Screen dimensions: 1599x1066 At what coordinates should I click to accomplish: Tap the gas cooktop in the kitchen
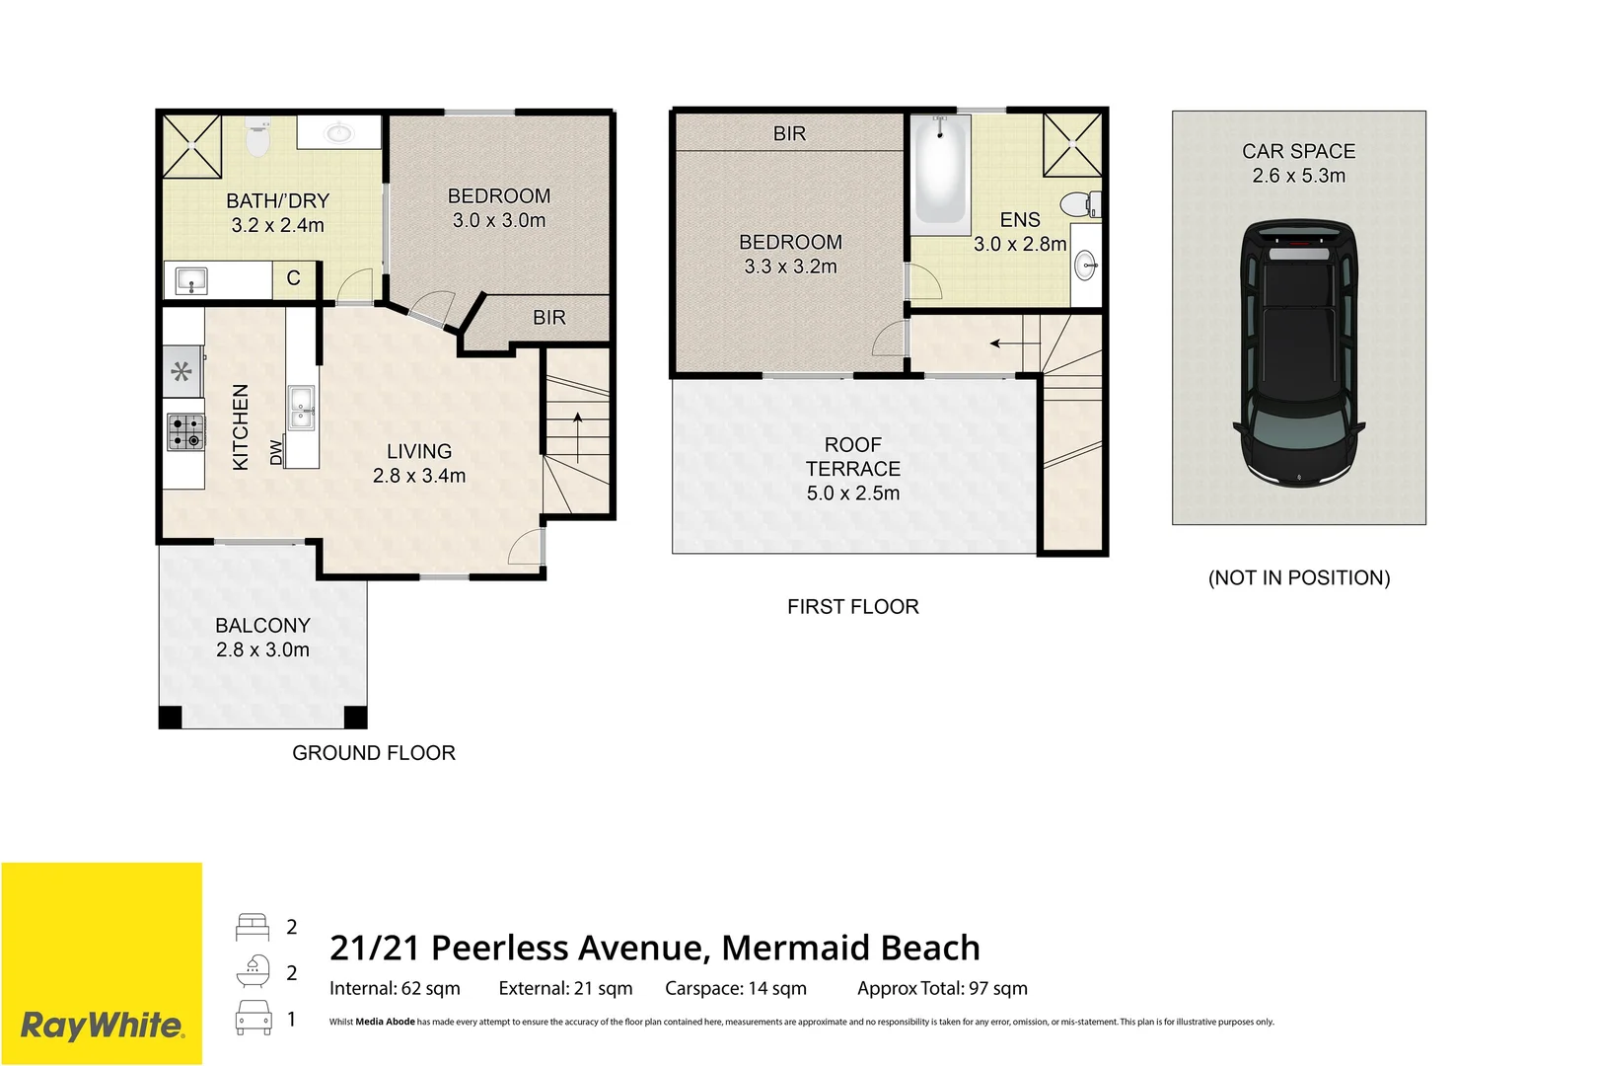pyautogui.click(x=185, y=431)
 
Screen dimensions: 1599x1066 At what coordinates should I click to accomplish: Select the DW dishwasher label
pyautogui.click(x=277, y=452)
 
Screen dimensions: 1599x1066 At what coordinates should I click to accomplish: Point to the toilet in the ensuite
pyautogui.click(x=1080, y=203)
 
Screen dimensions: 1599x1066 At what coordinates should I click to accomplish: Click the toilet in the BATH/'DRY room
pyautogui.click(x=257, y=137)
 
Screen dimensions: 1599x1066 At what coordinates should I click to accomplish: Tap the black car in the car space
pyautogui.click(x=1299, y=353)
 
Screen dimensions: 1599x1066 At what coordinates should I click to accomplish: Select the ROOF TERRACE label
pyautogui.click(x=853, y=457)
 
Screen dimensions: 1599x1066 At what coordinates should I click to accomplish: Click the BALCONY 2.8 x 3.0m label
pyautogui.click(x=262, y=638)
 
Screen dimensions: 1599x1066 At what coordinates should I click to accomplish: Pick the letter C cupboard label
pyautogui.click(x=293, y=278)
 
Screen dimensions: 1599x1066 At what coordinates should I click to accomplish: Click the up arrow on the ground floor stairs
pyautogui.click(x=577, y=437)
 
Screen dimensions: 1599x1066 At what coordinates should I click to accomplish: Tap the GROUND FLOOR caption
pyautogui.click(x=373, y=753)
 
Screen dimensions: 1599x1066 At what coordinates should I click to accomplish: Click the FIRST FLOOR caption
pyautogui.click(x=853, y=607)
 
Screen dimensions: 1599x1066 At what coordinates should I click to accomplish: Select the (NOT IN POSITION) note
pyautogui.click(x=1299, y=577)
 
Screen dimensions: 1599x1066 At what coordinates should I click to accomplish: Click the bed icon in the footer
pyautogui.click(x=253, y=927)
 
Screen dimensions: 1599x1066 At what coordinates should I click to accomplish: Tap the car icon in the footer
pyautogui.click(x=254, y=1018)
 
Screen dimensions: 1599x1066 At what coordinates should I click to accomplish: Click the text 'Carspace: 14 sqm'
pyautogui.click(x=735, y=989)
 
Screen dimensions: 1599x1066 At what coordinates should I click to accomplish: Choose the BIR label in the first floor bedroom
pyautogui.click(x=789, y=133)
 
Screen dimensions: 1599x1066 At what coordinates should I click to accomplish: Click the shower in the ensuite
pyautogui.click(x=1072, y=145)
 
